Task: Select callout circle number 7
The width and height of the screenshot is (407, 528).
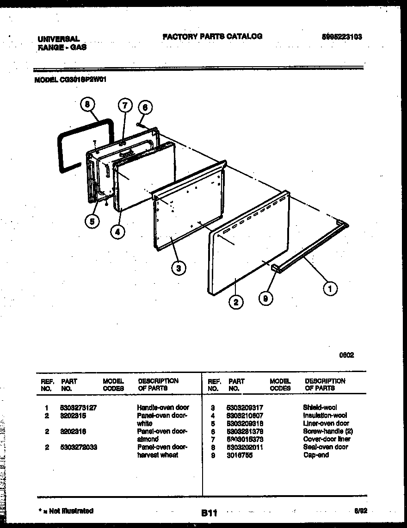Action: pos(124,106)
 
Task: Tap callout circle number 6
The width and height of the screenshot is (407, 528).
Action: pos(145,107)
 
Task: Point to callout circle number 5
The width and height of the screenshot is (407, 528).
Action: pos(92,222)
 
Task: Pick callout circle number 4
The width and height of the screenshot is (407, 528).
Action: pos(118,232)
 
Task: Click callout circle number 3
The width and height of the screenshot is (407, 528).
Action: pos(179,267)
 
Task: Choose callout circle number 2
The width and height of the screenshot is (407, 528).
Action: pos(236,303)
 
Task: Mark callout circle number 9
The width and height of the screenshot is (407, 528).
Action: pos(265,299)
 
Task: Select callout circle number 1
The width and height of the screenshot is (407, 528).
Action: pos(330,289)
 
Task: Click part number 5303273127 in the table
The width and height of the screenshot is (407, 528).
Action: pos(79,408)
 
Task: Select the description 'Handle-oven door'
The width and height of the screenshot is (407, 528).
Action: pos(163,408)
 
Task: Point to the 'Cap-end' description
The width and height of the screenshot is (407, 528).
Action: pos(316,455)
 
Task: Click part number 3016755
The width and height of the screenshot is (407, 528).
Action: pos(240,455)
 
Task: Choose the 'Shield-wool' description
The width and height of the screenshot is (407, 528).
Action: pos(320,408)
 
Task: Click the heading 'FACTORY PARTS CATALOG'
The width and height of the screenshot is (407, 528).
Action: pos(212,36)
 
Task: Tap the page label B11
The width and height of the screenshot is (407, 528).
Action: pos(209,512)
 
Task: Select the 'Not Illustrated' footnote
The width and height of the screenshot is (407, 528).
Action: pos(66,511)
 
